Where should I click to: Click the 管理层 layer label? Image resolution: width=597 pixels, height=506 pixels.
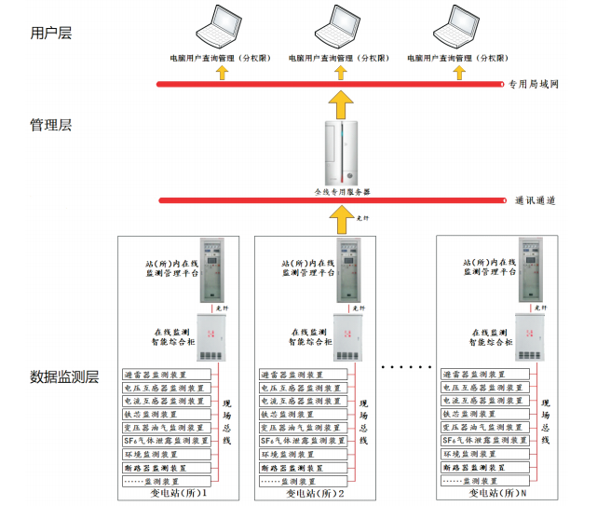click(51, 125)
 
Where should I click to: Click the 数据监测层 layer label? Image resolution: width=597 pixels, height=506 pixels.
click(64, 377)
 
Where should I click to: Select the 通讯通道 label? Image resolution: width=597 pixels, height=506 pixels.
click(535, 199)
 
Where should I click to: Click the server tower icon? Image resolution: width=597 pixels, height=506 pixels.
click(342, 153)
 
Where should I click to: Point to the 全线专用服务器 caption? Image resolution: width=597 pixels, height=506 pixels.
click(342, 191)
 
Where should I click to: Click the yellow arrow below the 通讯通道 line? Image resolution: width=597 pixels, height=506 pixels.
click(342, 218)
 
